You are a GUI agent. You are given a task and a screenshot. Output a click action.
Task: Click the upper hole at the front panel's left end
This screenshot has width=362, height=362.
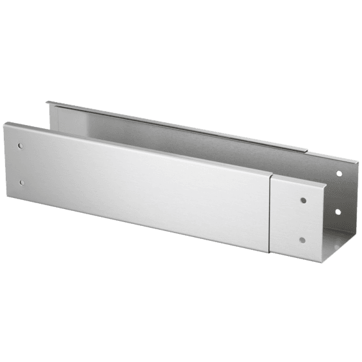pos(21,145)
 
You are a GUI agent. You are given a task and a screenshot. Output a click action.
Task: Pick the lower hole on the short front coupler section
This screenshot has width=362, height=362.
pos(303,239)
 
